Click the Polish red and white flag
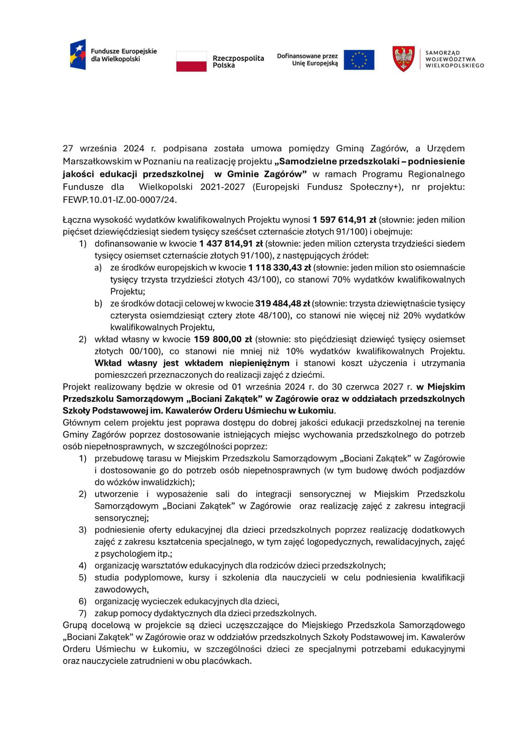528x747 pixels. coord(191,61)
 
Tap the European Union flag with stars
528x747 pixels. coord(359,60)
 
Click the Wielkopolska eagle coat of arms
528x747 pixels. coord(403,59)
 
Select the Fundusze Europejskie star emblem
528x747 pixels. coord(78,54)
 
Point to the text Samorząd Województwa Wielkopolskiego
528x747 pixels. coord(454,59)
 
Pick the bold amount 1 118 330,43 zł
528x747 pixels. coord(280,268)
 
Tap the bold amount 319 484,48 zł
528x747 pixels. coord(283,303)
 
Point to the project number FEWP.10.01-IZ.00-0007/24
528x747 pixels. coord(120,200)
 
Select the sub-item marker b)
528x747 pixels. coord(98,303)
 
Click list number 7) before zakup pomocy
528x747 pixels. coord(82,613)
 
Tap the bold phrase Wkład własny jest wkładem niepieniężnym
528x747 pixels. coord(192,363)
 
